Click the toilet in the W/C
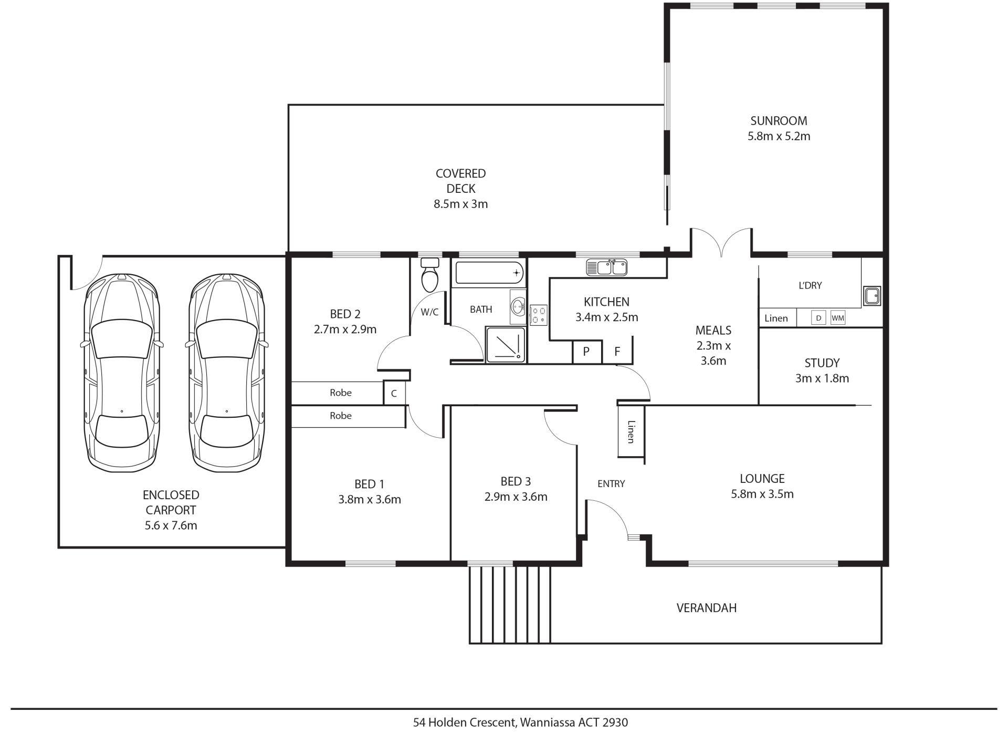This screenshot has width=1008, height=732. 430,274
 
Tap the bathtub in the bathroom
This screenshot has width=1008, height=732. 490,273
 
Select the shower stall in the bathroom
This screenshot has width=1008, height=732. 506,345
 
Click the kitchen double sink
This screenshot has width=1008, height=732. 606,267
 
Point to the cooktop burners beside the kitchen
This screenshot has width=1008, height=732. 539,315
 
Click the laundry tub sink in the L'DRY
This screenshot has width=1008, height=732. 872,296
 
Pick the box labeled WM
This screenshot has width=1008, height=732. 838,318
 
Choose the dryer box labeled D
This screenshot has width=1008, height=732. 818,318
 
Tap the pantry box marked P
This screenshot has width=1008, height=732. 586,351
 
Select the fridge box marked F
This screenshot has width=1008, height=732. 617,351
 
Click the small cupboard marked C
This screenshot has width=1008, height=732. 394,393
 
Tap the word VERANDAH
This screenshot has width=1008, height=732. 706,608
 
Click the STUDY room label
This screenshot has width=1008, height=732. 822,363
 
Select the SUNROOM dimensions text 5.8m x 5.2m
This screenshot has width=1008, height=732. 779,136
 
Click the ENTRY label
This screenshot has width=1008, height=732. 611,483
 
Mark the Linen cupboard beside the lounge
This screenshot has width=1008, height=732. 631,431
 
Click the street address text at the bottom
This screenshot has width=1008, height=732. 520,722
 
